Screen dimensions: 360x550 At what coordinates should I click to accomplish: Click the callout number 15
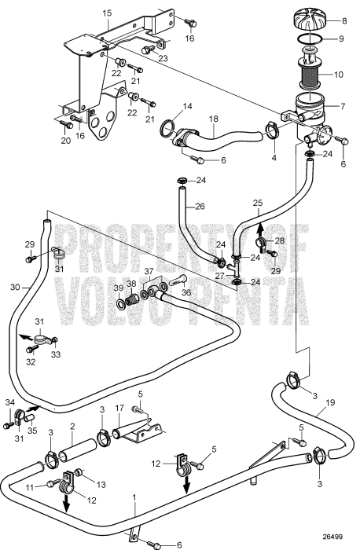(107, 13)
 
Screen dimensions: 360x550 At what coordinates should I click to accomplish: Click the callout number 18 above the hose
(214, 119)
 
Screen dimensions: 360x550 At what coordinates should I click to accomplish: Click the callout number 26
(200, 206)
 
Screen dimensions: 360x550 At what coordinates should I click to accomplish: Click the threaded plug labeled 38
(133, 300)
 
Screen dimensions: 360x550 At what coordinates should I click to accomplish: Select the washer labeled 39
(120, 302)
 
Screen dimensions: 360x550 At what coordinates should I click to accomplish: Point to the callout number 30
(15, 287)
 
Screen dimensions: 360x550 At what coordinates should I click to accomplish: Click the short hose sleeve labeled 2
(77, 448)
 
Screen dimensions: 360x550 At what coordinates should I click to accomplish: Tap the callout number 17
(119, 409)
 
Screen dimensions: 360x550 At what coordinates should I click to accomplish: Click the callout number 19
(330, 402)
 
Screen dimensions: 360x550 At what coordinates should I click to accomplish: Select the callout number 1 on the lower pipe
(134, 497)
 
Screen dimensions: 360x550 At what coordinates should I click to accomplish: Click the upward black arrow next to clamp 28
(260, 230)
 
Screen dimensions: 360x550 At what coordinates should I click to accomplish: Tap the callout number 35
(32, 430)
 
